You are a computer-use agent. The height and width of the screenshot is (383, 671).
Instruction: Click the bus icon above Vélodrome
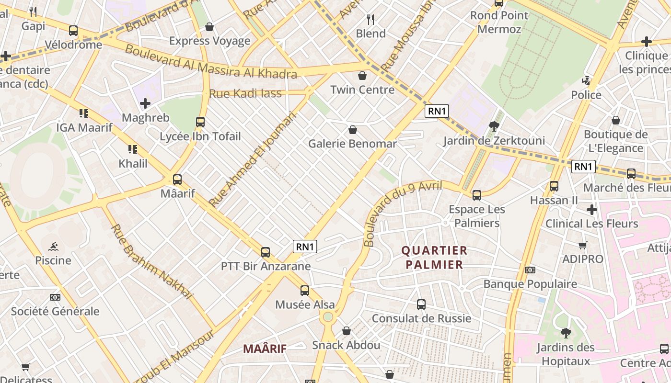(73, 31)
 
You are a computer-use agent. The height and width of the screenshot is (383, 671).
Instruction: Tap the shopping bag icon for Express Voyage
(209, 27)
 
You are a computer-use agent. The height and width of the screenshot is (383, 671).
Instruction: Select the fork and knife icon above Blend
(370, 20)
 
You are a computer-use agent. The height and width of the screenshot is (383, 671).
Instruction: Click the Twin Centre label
(362, 90)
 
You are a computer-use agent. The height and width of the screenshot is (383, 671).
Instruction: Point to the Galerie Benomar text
(352, 144)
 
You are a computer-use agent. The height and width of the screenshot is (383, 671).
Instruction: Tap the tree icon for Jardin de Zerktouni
(494, 126)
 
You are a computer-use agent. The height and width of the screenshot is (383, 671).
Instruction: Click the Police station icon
(586, 80)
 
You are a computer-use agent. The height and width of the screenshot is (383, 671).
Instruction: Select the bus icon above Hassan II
(554, 186)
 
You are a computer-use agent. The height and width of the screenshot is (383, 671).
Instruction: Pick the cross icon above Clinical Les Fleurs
(592, 209)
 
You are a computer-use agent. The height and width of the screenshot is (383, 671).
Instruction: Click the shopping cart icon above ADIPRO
(583, 245)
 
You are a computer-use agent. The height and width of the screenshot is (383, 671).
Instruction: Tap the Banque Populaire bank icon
(530, 270)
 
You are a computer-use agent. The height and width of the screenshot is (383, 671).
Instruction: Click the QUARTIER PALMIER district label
(434, 258)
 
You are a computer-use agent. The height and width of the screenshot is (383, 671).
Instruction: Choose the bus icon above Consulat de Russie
(421, 304)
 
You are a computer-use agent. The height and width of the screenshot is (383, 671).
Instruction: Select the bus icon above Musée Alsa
(305, 290)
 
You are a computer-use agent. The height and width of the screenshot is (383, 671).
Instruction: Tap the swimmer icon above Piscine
(53, 247)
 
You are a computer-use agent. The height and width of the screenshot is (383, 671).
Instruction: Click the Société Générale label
(55, 311)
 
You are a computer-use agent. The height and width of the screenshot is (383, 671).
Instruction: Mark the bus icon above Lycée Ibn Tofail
(200, 122)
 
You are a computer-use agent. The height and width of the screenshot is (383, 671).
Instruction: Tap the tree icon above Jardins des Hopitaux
(566, 333)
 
